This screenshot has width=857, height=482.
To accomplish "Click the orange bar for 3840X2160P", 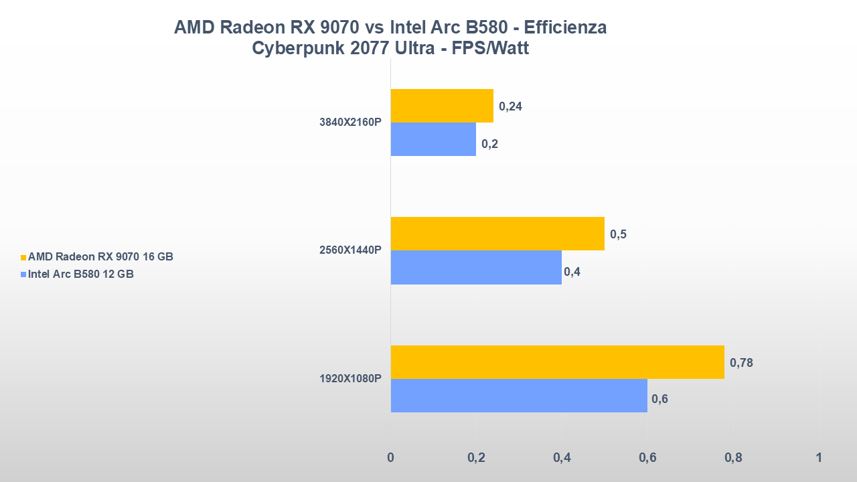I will click(x=442, y=106).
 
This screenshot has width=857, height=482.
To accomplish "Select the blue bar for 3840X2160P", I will click(x=433, y=139).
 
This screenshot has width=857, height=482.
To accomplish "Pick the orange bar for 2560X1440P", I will click(x=497, y=234).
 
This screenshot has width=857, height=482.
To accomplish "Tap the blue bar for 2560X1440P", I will click(x=476, y=268).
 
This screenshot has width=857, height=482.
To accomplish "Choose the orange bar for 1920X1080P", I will click(x=557, y=362).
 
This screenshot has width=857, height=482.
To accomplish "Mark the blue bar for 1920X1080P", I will click(x=519, y=396).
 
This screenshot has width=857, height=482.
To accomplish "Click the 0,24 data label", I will click(x=510, y=106).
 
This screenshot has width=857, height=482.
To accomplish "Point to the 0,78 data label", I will click(x=741, y=363).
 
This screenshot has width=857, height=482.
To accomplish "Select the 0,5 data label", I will click(x=618, y=234).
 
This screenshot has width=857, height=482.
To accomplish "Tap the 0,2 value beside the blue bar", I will click(x=489, y=144).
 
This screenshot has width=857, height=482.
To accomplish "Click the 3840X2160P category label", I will click(x=350, y=123).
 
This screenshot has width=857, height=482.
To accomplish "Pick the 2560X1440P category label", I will click(x=350, y=250).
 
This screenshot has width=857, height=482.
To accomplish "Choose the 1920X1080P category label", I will click(x=350, y=379).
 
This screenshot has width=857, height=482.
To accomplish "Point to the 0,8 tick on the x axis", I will click(x=733, y=458).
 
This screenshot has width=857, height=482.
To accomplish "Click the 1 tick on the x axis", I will click(x=818, y=458).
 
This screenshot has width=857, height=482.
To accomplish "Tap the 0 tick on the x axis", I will click(x=391, y=458).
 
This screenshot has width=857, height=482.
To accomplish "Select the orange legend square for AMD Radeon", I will click(x=23, y=257).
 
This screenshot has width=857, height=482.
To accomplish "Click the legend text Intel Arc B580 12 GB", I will click(x=81, y=273).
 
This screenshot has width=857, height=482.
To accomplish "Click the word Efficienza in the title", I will click(x=565, y=27).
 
